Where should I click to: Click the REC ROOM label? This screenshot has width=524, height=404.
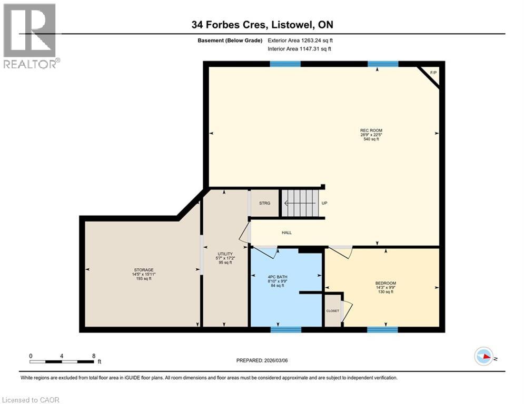click(x=371, y=130)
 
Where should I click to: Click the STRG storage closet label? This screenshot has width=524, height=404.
click(x=264, y=203)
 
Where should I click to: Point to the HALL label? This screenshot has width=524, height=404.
click(x=286, y=233)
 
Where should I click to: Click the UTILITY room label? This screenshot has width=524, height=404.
click(x=225, y=254)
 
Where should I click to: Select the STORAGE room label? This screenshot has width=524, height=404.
click(x=143, y=270)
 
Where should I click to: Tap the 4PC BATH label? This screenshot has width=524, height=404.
click(x=276, y=277)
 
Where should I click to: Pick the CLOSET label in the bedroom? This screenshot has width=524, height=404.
click(x=332, y=311)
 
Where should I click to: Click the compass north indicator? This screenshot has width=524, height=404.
click(x=483, y=356)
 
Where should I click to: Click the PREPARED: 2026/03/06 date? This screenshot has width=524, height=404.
click(x=262, y=360)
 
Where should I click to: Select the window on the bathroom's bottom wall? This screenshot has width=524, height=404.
click(x=285, y=330)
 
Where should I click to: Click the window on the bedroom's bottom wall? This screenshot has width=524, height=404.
click(x=382, y=330)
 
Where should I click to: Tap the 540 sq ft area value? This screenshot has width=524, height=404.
click(x=371, y=139)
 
